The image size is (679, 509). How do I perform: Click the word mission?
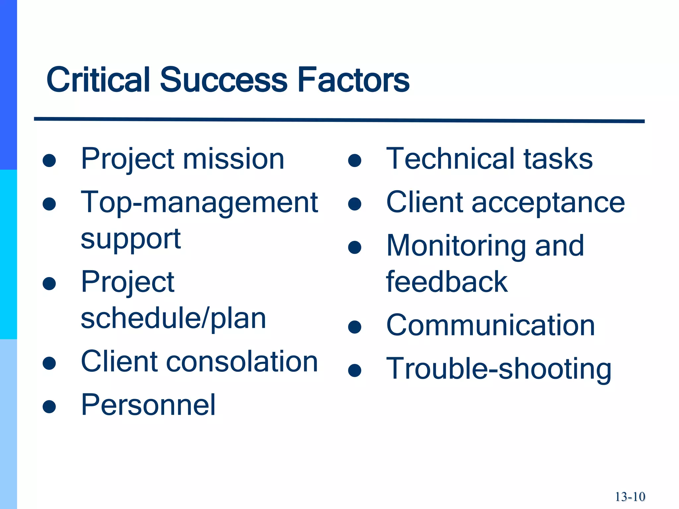click(234, 159)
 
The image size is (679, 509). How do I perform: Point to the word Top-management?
click(199, 203)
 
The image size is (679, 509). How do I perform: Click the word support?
click(131, 239)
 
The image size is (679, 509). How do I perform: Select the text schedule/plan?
click(173, 319)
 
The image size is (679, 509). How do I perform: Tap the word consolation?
click(242, 362)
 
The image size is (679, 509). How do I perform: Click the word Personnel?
click(148, 405)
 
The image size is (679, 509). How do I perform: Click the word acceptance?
click(548, 203)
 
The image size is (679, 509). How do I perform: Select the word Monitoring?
click(456, 246)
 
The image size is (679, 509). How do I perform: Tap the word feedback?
click(447, 282)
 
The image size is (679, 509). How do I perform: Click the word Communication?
click(490, 326)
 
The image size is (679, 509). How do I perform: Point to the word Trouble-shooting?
click(499, 369)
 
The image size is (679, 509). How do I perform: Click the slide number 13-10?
click(630, 497)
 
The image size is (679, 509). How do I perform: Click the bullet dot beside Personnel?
click(49, 407)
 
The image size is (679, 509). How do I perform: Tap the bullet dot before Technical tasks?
click(354, 161)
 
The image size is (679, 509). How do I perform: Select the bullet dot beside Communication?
click(354, 327)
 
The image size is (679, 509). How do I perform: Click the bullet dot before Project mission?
click(49, 161)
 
